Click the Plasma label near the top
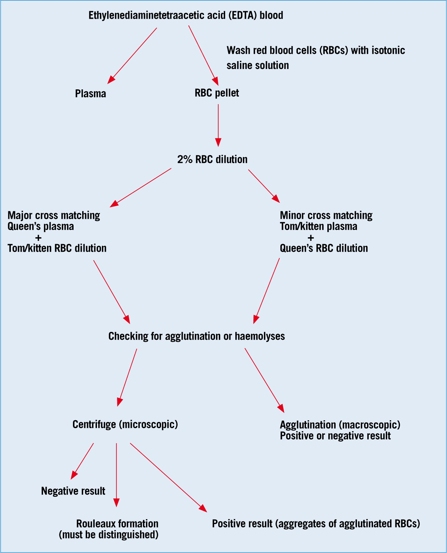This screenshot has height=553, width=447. pyautogui.click(x=91, y=94)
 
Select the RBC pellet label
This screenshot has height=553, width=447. pyautogui.click(x=217, y=93)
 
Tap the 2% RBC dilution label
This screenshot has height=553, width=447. pyautogui.click(x=212, y=159)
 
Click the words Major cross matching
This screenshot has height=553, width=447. pyautogui.click(x=54, y=216)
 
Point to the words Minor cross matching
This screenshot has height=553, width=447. pyautogui.click(x=326, y=216)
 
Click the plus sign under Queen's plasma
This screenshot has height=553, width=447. pyautogui.click(x=38, y=238)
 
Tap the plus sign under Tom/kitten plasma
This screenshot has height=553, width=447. pyautogui.click(x=311, y=238)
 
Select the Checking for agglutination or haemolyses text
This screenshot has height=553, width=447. pyautogui.click(x=197, y=336)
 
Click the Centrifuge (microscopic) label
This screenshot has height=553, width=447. pyautogui.click(x=125, y=424)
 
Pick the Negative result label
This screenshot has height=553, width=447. pyautogui.click(x=73, y=491)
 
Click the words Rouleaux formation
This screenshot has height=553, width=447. pyautogui.click(x=117, y=523)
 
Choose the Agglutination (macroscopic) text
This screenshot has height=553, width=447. pyautogui.click(x=340, y=425)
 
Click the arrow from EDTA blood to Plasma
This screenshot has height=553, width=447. pyautogui.click(x=132, y=56)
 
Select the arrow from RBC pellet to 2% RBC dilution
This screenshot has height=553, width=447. pyautogui.click(x=218, y=126)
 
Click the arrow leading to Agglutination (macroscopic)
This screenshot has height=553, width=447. pyautogui.click(x=264, y=380)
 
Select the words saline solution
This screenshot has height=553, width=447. pyautogui.click(x=258, y=65)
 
